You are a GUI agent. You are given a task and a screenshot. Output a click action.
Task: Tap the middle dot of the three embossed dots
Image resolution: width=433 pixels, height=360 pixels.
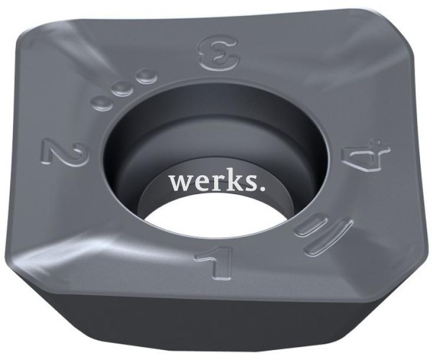122,89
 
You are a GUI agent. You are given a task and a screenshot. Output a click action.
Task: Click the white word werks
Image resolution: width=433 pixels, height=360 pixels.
217,182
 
